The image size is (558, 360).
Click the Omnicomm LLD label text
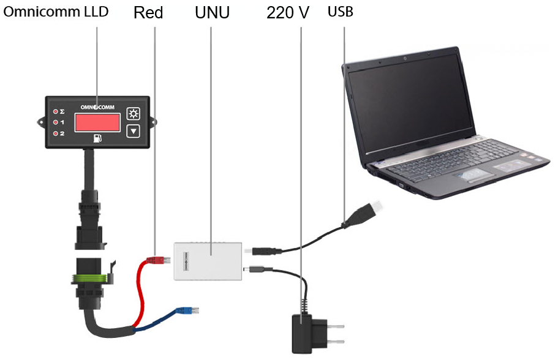pos(56,12)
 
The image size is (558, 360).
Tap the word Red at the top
pos(148,13)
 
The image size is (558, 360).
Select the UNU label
pos(212,13)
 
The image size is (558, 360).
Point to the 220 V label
pos(287,13)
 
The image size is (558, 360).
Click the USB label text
pos(340,12)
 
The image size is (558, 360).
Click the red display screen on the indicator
pos(97,122)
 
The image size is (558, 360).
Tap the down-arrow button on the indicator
pos(133,131)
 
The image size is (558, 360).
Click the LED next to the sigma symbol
pos(56,111)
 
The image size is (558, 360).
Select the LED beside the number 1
pos(56,122)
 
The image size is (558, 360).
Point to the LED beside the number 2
pos(56,133)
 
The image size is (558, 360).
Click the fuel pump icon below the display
pos(97,138)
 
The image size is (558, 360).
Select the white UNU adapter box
pos(208,261)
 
